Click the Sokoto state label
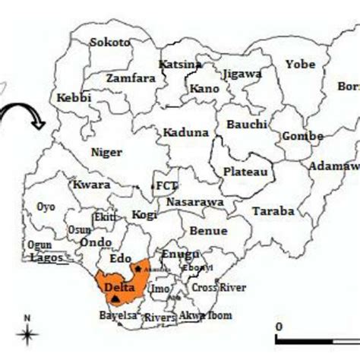click(x=109, y=43)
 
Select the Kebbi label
click(x=74, y=97)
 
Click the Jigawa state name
click(x=242, y=74)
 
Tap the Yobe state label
click(x=300, y=65)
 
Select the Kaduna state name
click(x=185, y=132)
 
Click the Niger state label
click(x=106, y=152)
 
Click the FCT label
click(x=165, y=185)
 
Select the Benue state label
click(x=207, y=229)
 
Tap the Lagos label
click(x=46, y=257)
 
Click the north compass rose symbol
click(x=27, y=333)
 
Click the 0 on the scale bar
click(x=279, y=327)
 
